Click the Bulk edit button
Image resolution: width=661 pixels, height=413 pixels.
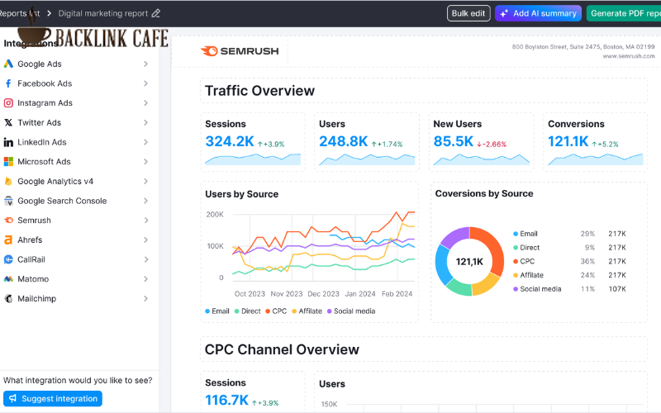[x=468, y=13]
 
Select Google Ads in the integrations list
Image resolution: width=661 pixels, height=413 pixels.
[x=39, y=64]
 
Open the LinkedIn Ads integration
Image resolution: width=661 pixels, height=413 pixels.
[x=41, y=142]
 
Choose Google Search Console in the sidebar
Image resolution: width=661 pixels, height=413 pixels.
[x=62, y=201]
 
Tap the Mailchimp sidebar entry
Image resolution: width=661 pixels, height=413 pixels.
[x=36, y=298]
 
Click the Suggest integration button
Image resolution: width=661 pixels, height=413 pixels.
[x=53, y=398]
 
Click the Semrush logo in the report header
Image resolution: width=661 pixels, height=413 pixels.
[x=240, y=50]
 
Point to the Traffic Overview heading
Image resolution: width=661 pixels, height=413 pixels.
[x=259, y=91]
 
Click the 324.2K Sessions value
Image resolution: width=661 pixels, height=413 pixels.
[x=230, y=142]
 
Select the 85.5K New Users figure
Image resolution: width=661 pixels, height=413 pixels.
[x=454, y=142]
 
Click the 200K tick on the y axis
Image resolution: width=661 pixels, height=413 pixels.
[x=214, y=214]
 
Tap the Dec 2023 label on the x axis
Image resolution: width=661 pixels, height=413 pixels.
[x=323, y=293]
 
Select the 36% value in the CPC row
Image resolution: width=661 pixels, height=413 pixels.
[x=587, y=261]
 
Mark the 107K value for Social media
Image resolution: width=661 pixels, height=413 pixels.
[x=616, y=289]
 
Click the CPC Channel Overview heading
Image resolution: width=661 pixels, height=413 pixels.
[x=282, y=349]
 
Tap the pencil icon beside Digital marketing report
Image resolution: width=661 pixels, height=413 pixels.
[x=156, y=13]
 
